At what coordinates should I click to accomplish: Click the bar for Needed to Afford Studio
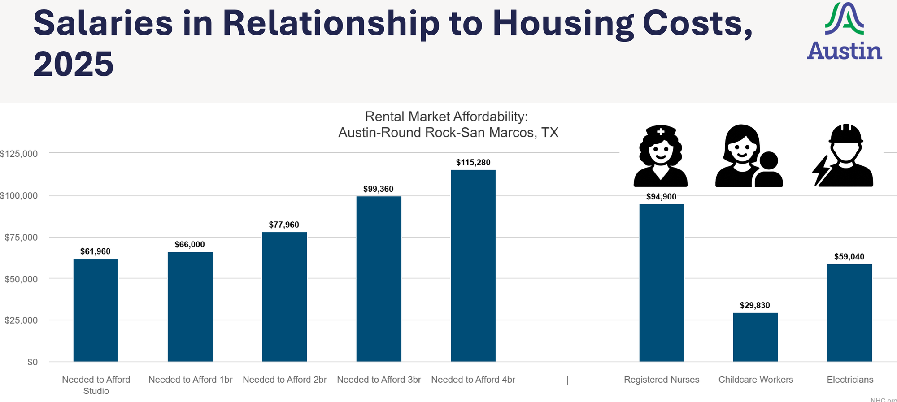pyautogui.click(x=96, y=310)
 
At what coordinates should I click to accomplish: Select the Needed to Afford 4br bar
pyautogui.click(x=473, y=266)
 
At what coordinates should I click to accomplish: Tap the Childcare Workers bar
pyautogui.click(x=755, y=337)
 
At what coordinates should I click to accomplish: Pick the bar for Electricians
pyautogui.click(x=849, y=313)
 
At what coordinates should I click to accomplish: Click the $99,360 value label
pyautogui.click(x=378, y=189)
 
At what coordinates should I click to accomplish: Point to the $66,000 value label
pyautogui.click(x=190, y=245)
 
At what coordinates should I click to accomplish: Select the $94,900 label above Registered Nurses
pyautogui.click(x=661, y=197)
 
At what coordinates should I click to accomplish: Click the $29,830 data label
pyautogui.click(x=755, y=306)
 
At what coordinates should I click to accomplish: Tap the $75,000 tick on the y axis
pyautogui.click(x=21, y=238)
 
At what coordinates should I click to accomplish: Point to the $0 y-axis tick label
pyautogui.click(x=32, y=362)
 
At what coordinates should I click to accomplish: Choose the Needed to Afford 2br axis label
pyautogui.click(x=284, y=380)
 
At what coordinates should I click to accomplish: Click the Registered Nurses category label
pyautogui.click(x=662, y=380)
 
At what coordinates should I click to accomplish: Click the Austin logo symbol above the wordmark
pyautogui.click(x=845, y=19)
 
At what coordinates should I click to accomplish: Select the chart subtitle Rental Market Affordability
pyautogui.click(x=447, y=117)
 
